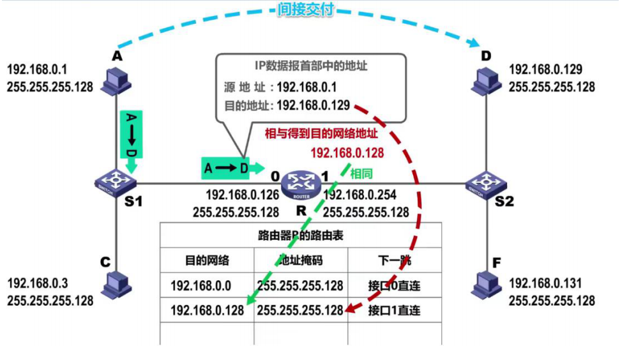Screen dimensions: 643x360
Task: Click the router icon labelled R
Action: [298, 183]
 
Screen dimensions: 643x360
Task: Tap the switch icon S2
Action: [485, 184]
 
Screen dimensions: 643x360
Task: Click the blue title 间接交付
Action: [306, 10]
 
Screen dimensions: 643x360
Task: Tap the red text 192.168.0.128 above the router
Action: [347, 153]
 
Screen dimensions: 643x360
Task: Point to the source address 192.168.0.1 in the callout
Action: [306, 86]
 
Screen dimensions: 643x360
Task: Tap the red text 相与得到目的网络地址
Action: [322, 133]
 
